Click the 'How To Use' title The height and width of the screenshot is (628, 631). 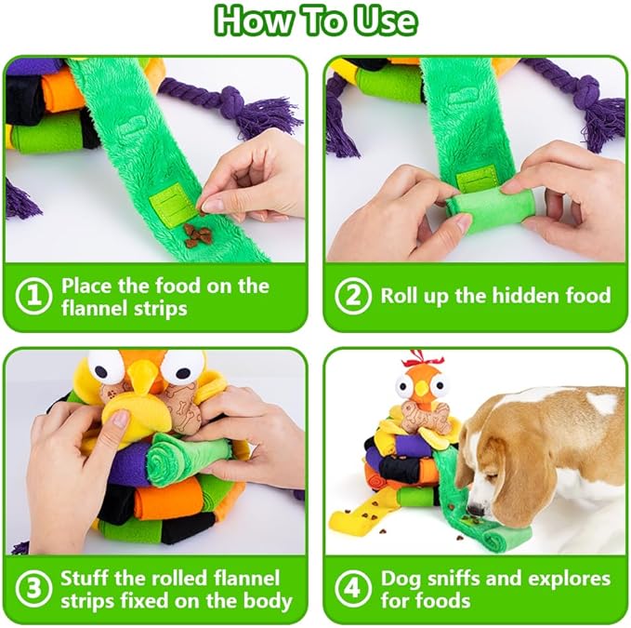tap(315, 20)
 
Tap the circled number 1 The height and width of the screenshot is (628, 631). tap(33, 296)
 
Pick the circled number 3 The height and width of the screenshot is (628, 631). tap(33, 589)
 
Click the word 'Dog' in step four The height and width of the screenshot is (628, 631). tap(401, 578)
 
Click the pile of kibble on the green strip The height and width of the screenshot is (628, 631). tap(196, 234)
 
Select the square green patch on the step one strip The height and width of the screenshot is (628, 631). tap(171, 202)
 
